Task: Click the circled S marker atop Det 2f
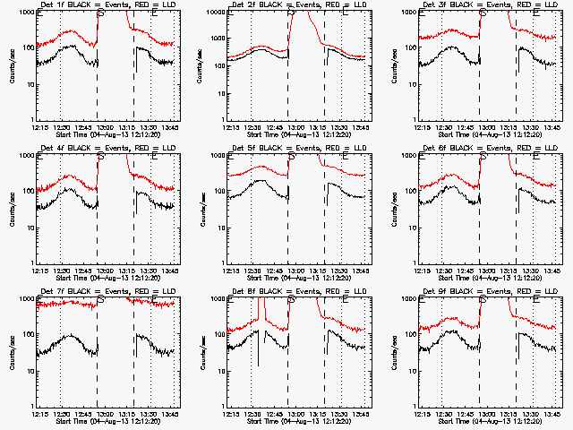click(x=291, y=13)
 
